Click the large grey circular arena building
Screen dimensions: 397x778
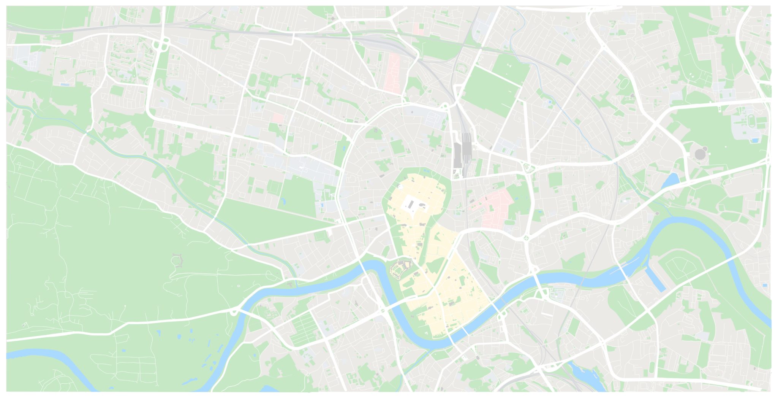tap(699, 154)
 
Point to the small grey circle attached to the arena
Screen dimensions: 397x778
tap(705, 148)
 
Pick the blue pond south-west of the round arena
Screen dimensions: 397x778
tap(670, 181)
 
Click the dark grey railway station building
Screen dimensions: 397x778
tap(457, 154)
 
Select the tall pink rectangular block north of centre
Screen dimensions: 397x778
tap(394, 72)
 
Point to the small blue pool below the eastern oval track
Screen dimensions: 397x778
tap(755, 141)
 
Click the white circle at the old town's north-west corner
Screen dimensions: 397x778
tap(401, 187)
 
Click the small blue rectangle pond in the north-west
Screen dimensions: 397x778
tap(65, 84)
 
